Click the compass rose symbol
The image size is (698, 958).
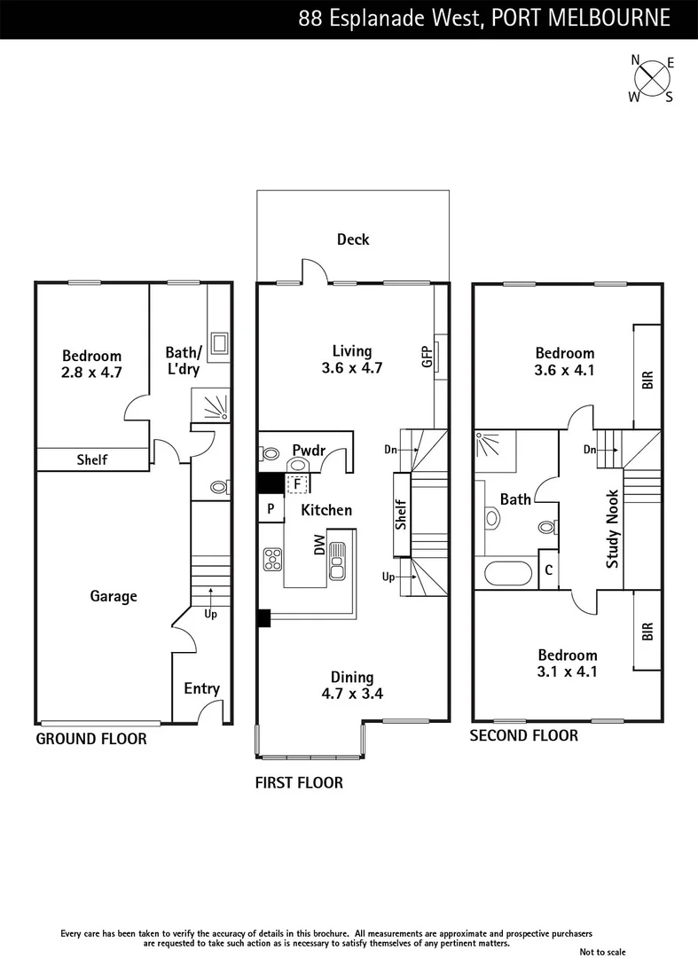click(652, 79)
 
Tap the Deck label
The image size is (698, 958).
click(353, 239)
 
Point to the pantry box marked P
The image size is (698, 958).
click(270, 509)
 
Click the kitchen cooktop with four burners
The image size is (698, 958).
click(272, 560)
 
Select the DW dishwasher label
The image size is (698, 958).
click(319, 546)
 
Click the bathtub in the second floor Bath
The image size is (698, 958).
click(507, 573)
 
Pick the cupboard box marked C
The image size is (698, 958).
click(549, 570)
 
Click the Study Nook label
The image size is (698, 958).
click(613, 540)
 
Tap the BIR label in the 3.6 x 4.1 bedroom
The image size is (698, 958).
click(647, 379)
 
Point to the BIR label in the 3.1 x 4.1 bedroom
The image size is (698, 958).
click(647, 631)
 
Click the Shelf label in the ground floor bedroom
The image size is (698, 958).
click(91, 459)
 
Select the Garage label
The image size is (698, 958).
click(114, 596)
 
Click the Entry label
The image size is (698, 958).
click(201, 688)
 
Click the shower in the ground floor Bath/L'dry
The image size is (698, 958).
click(212, 407)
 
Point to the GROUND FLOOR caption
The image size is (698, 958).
click(90, 739)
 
